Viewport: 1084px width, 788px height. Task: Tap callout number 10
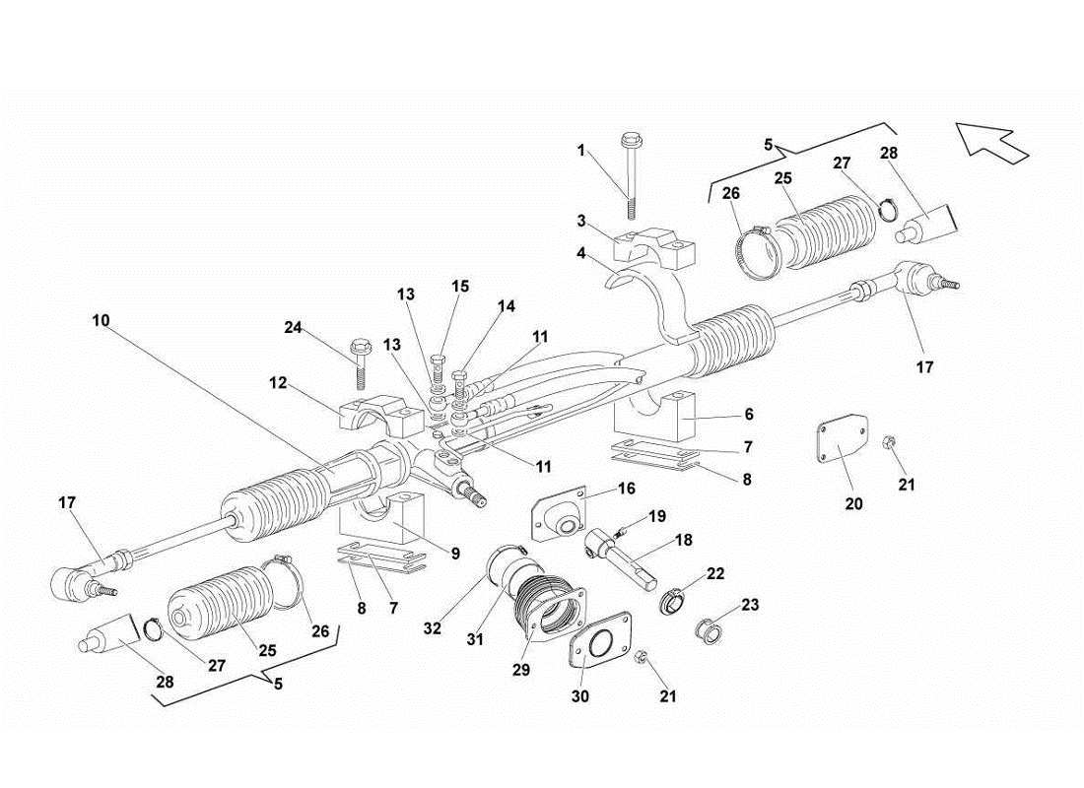(x=102, y=320)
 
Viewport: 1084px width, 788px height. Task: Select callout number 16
(x=627, y=489)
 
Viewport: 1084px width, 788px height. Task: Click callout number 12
(x=280, y=383)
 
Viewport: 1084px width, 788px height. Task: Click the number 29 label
(x=521, y=670)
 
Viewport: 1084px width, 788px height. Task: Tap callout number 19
(x=657, y=515)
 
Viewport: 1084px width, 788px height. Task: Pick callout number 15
(x=460, y=287)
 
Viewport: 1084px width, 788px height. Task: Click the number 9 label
(x=455, y=554)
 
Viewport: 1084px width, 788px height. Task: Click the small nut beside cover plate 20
(x=889, y=444)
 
